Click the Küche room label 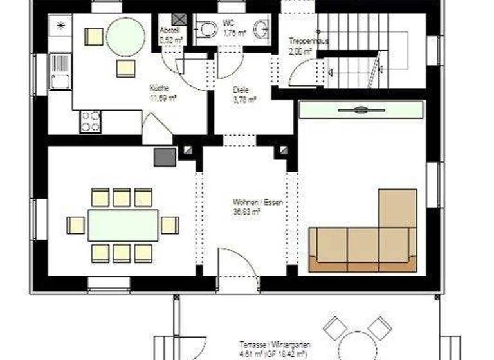tap(159, 88)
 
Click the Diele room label tap(241, 91)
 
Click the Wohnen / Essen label tap(257, 202)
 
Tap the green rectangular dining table tap(123, 225)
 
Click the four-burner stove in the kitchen tap(90, 121)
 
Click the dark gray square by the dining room tap(165, 156)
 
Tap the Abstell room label tap(169, 29)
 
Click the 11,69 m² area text tap(163, 98)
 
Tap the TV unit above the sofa tap(361, 110)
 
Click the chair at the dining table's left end tap(76, 225)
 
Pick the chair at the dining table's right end tap(170, 225)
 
